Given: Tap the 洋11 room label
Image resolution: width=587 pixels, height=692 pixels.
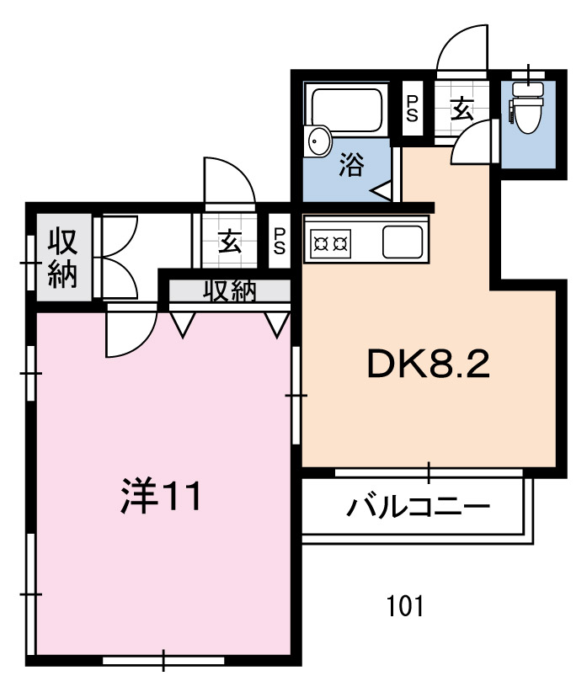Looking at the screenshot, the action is tap(161, 495).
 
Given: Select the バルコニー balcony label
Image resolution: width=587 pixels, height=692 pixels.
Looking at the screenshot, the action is tap(418, 507).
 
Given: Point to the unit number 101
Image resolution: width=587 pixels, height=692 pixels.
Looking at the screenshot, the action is tap(405, 606).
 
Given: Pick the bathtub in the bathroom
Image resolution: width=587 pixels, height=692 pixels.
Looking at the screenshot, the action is tap(346, 109).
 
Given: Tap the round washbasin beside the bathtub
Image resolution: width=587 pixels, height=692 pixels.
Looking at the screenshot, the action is tap(318, 141).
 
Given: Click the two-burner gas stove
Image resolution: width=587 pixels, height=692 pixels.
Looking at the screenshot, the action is tap(331, 243).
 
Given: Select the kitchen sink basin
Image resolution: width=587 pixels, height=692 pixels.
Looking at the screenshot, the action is tap(403, 242).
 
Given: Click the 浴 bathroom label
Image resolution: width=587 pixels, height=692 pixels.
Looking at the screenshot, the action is tap(351, 165).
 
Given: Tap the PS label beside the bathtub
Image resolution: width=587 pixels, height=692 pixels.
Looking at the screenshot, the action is tap(412, 109).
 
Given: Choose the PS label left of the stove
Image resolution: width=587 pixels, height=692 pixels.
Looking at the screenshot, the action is tap(280, 241).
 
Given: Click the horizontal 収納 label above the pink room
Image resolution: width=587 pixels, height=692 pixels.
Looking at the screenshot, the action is tap(230, 290).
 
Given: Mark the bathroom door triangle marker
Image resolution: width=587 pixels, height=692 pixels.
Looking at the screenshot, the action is tap(382, 190).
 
